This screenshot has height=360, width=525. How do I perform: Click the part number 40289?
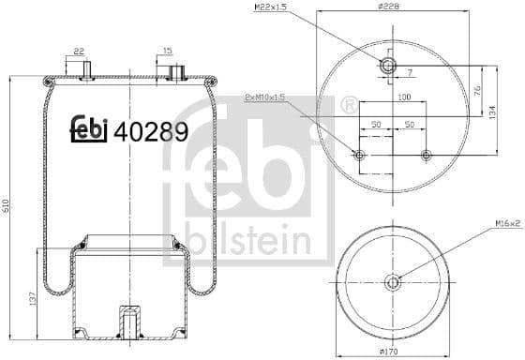point(151,130)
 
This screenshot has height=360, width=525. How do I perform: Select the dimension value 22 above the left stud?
point(79,52)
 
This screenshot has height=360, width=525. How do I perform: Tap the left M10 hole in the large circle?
point(358,155)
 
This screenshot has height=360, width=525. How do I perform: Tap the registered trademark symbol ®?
point(349,105)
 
